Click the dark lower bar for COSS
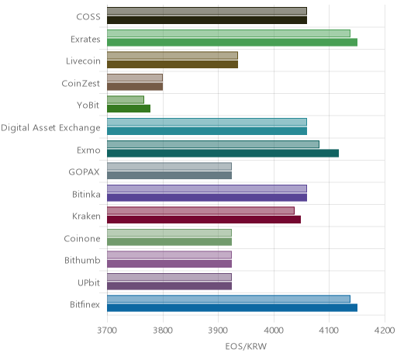coord(207,20)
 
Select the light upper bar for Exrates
coord(229,33)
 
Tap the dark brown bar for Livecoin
coord(173,64)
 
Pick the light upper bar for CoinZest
coord(135,78)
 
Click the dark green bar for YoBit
coord(129,109)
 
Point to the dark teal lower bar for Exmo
coord(223,153)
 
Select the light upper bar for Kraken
coord(201,210)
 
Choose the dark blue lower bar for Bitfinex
coord(233,308)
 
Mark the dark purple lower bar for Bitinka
coord(207,197)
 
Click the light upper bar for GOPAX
coord(170,166)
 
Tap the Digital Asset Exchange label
coord(50,128)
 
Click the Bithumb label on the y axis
coord(82,260)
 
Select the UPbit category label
coord(88,282)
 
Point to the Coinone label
coord(82,238)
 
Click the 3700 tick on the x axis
coord(107,331)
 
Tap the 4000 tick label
coord(274,331)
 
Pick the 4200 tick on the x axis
coord(385,331)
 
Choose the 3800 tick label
coord(163,331)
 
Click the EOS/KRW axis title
coord(246,346)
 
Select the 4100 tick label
coord(329,331)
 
